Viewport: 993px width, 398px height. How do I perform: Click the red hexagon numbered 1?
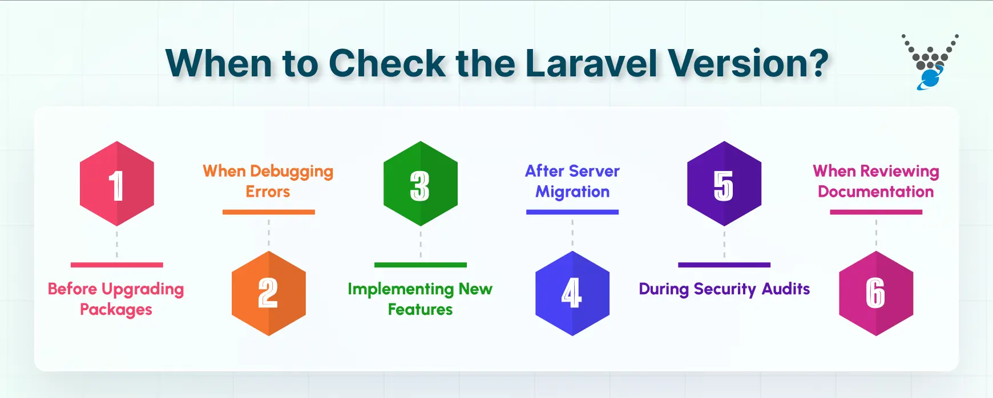[x=117, y=184]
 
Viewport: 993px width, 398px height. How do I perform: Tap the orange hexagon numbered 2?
[x=269, y=293]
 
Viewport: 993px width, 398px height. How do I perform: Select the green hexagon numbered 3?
[x=421, y=184]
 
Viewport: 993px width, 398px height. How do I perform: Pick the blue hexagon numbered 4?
[x=572, y=293]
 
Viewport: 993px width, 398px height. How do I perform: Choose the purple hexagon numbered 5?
[x=724, y=184]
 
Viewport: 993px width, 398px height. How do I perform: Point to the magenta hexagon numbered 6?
[x=876, y=293]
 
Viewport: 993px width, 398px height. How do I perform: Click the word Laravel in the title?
[x=591, y=63]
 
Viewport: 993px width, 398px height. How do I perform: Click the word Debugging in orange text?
[x=292, y=172]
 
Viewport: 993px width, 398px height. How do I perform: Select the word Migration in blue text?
[x=572, y=192]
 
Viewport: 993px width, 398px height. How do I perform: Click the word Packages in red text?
[x=116, y=310]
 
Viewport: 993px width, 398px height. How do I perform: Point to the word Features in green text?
[x=421, y=310]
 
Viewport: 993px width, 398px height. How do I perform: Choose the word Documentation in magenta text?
[x=876, y=192]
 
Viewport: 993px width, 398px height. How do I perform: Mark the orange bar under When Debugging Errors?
[x=269, y=212]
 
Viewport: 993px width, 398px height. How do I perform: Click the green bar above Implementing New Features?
[x=421, y=265]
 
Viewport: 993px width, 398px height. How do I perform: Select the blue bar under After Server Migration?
[x=572, y=212]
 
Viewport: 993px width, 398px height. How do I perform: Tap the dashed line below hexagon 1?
[x=117, y=244]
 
